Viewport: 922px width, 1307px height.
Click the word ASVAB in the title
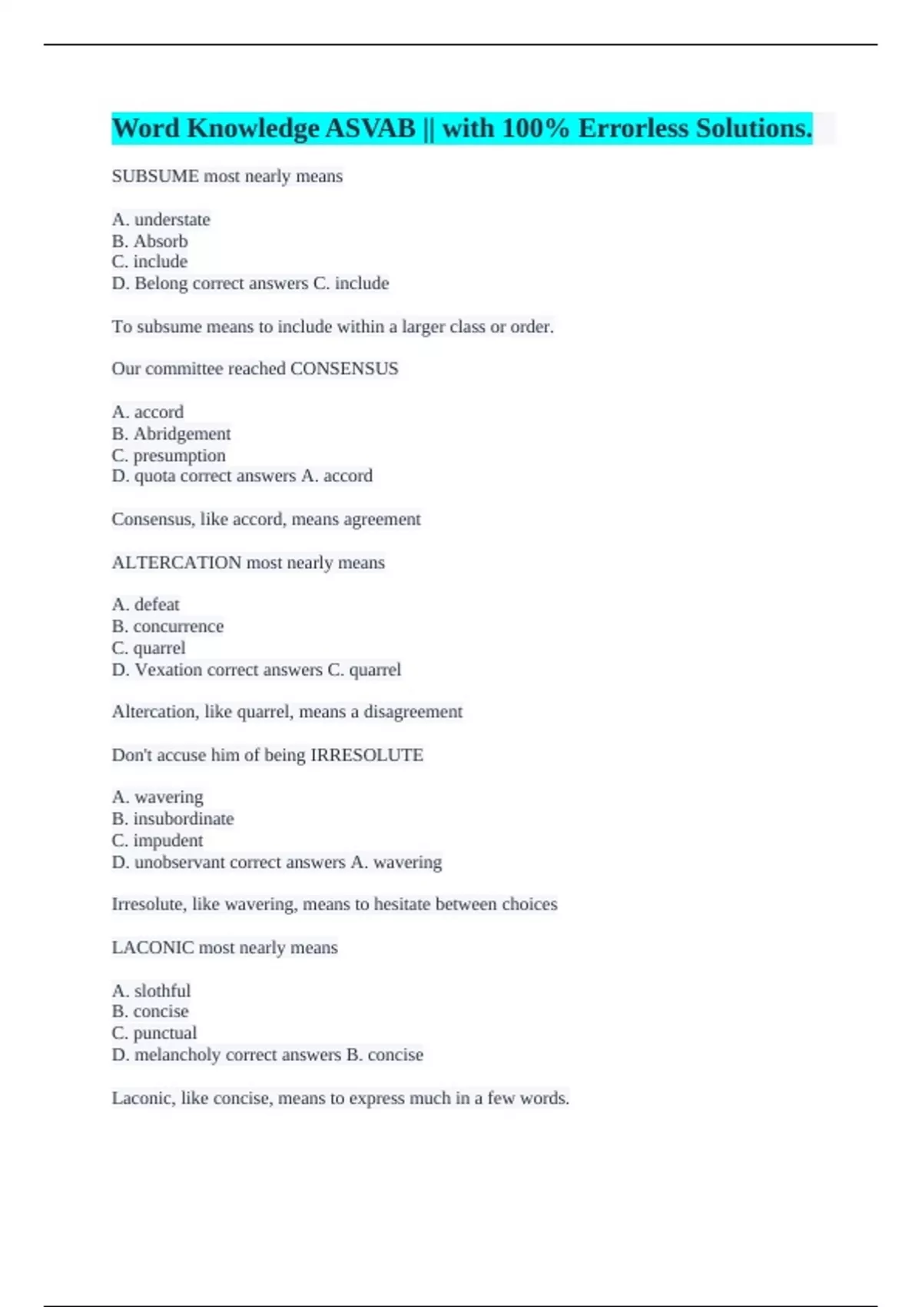370,128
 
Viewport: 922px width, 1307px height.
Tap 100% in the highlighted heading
536,128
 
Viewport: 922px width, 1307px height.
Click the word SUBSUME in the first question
155,176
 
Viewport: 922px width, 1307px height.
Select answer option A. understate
161,220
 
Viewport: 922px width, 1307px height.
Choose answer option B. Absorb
150,241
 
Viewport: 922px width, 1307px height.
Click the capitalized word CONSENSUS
344,369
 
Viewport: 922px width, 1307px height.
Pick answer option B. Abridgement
171,434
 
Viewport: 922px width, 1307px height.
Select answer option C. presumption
168,455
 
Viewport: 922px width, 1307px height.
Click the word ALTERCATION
177,563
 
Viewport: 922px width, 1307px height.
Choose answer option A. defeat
145,604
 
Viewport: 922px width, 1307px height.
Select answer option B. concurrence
167,626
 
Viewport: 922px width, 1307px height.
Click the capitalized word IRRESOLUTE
366,755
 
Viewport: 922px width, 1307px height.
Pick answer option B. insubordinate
173,819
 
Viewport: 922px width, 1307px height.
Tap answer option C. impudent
158,840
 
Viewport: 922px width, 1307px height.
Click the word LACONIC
153,947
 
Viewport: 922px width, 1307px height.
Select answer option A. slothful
151,990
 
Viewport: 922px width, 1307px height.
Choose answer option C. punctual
154,1033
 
